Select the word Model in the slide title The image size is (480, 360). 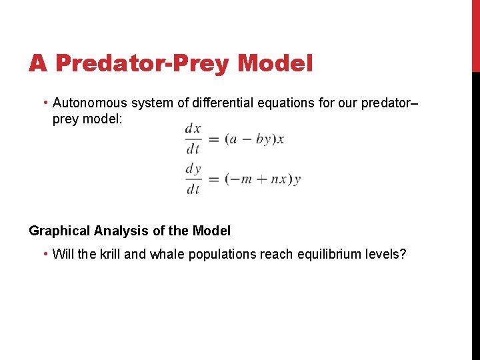coord(275,63)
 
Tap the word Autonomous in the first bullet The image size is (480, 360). coord(89,103)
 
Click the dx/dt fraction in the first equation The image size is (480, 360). coord(193,139)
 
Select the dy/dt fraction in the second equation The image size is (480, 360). coord(193,179)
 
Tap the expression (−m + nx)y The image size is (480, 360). coord(263,179)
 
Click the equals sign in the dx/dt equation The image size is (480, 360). coord(213,139)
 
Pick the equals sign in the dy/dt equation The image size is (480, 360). coord(213,179)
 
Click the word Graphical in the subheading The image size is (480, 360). coord(59,231)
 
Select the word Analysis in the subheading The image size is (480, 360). coord(117,231)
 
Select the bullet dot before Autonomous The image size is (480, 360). coord(45,103)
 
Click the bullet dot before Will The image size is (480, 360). coord(45,255)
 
